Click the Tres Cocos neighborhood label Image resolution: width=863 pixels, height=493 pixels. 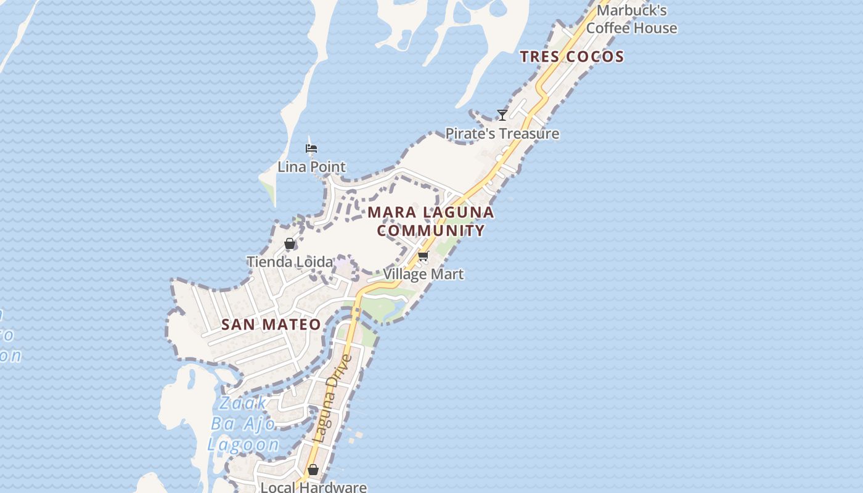pos(571,57)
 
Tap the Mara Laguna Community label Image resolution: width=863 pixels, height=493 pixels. pos(431,221)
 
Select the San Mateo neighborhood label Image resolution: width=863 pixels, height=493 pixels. pos(271,324)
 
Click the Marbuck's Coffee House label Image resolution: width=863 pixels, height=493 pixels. pos(631,19)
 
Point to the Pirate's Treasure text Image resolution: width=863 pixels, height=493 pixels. pos(502,134)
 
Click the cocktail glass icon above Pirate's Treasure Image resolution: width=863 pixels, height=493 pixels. pos(502,115)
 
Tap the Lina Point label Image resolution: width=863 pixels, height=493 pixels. pos(311,167)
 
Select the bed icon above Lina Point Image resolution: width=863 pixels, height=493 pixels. pos(311,148)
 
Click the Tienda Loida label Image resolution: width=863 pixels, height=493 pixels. pos(290,262)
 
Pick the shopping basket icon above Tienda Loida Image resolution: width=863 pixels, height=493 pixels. pos(290,243)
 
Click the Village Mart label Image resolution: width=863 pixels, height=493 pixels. pos(423,274)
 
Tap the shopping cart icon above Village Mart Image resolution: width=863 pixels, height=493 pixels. pos(423,255)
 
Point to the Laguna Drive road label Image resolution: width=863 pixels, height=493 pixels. pos(332,398)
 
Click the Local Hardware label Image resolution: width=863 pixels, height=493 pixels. pos(313,487)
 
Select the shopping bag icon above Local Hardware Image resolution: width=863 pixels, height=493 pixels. pos(313,470)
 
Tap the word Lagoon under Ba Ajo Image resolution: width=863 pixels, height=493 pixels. pos(243,445)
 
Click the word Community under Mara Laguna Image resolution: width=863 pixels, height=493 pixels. pos(431,230)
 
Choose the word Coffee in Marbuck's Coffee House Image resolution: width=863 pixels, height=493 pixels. pos(607,28)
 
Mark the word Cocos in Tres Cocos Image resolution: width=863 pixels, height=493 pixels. pos(595,57)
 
